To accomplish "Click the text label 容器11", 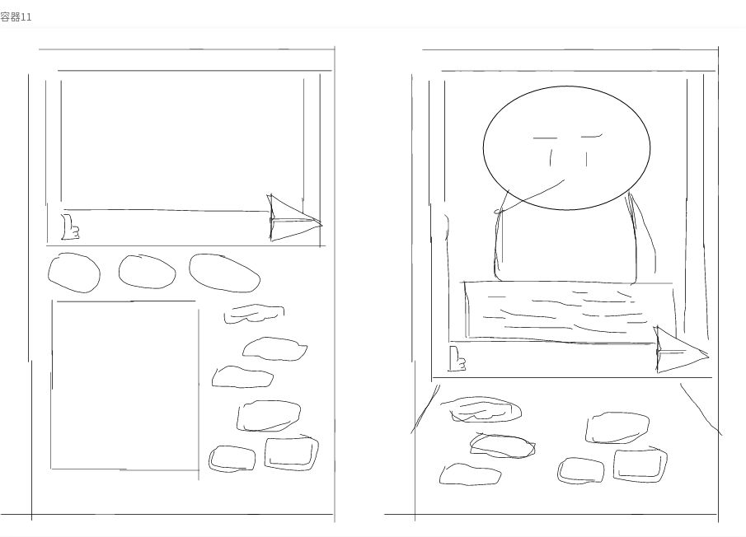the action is pyautogui.click(x=16, y=17).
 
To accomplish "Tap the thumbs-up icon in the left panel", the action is pyautogui.click(x=70, y=227).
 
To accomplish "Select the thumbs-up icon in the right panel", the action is pyautogui.click(x=457, y=358).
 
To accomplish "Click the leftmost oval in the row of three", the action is pyautogui.click(x=74, y=273).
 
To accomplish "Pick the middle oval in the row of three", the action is pyautogui.click(x=147, y=272).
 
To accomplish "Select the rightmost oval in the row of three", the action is pyautogui.click(x=224, y=273).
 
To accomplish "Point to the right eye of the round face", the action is pyautogui.click(x=586, y=159).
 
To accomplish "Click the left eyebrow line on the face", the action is pyautogui.click(x=545, y=138).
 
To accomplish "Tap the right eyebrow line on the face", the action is pyautogui.click(x=591, y=137).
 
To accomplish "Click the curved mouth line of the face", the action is pyautogui.click(x=533, y=196).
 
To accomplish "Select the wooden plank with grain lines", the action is pyautogui.click(x=570, y=311).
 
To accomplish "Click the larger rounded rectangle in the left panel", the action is pyautogui.click(x=292, y=452).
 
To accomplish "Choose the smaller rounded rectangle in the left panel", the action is pyautogui.click(x=232, y=459).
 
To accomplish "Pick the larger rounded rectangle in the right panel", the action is pyautogui.click(x=640, y=465).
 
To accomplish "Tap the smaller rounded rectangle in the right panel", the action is pyautogui.click(x=581, y=470).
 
